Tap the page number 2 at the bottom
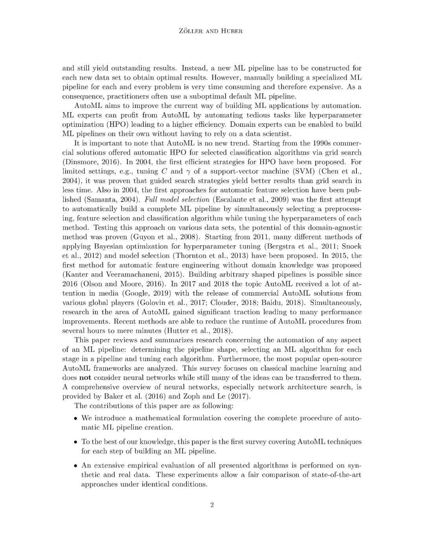(x=212, y=505)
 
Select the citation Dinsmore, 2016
(x=88, y=162)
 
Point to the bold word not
(x=85, y=378)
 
